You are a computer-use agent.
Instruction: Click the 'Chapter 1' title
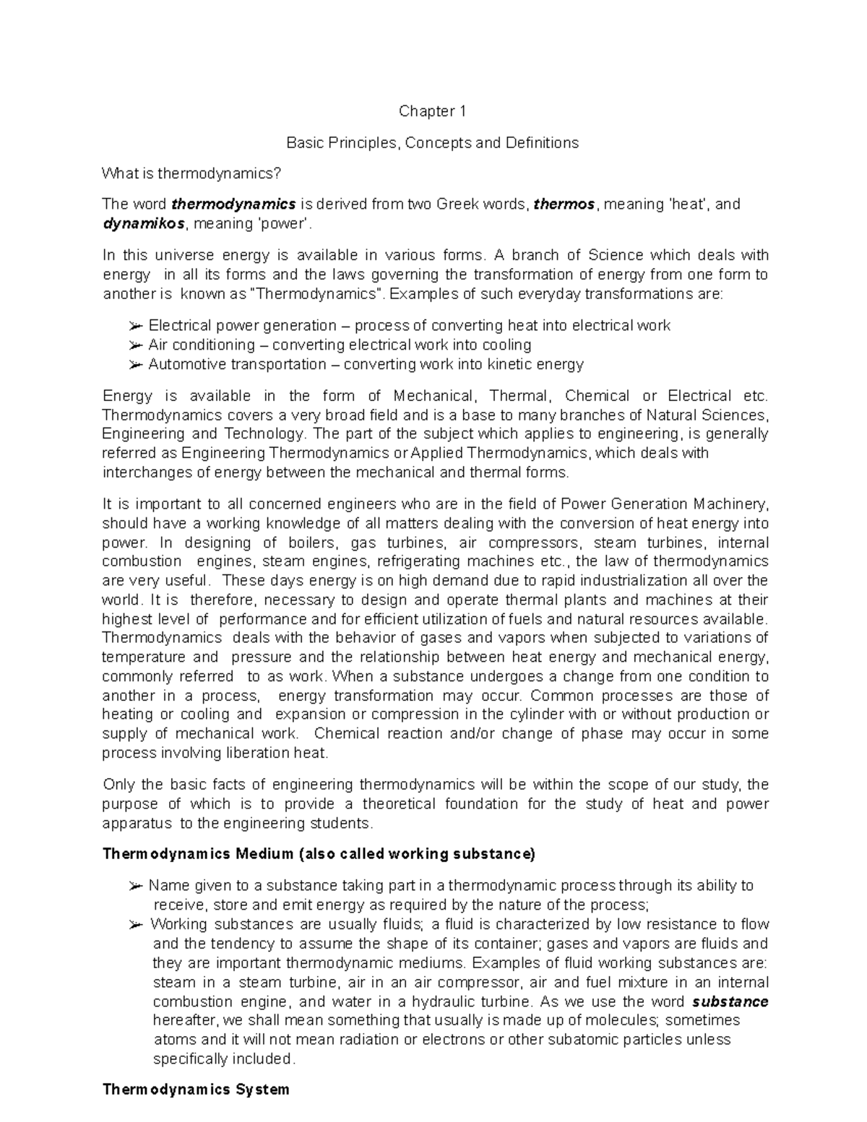pos(433,111)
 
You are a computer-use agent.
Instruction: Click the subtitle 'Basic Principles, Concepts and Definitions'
pos(432,142)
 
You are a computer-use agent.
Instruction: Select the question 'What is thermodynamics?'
pos(190,173)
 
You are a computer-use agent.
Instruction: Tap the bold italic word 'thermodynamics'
pos(233,204)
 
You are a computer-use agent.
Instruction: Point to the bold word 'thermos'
pos(564,204)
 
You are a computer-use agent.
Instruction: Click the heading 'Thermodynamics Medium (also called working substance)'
pos(319,854)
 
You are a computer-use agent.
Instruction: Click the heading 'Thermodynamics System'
pos(196,1089)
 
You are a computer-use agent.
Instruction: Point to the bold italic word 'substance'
pos(729,1001)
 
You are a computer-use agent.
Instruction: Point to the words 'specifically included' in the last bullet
pos(224,1059)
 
